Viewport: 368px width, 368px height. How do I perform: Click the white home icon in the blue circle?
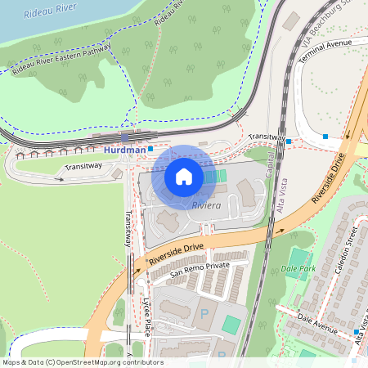[184, 175]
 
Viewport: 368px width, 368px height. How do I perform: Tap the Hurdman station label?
[125, 150]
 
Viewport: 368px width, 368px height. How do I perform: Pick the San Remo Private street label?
[200, 266]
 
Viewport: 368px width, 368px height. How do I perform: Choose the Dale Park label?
[298, 268]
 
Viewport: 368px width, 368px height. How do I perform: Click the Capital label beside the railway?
[269, 168]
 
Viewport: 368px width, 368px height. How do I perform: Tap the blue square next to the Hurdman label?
[150, 149]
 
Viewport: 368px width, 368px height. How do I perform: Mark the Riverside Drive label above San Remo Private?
[175, 254]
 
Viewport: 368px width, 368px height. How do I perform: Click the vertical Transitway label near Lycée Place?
[128, 230]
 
